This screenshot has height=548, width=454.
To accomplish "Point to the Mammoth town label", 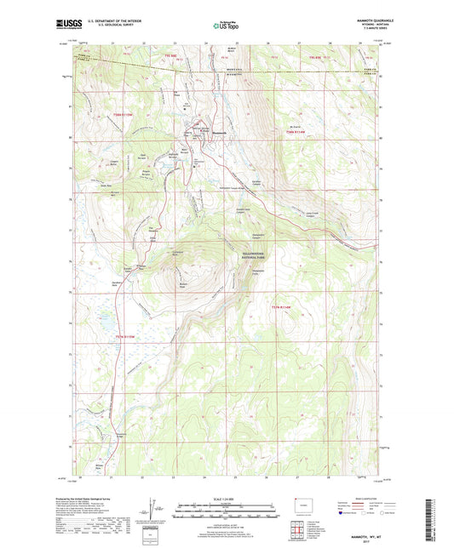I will [x=219, y=134].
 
